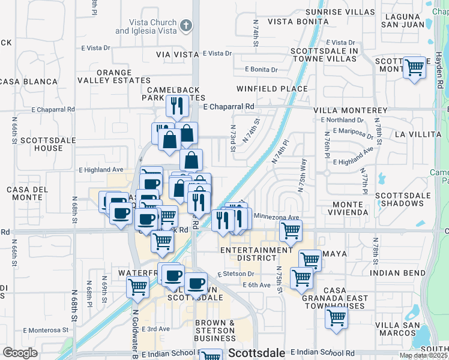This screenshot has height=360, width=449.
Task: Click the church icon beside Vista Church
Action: click(x=186, y=25)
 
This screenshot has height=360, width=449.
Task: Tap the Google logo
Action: click(x=20, y=353)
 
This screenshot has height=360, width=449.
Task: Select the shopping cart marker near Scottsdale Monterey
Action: click(x=414, y=68)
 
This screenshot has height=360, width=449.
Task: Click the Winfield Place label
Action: click(x=272, y=89)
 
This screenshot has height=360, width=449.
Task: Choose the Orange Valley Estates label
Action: click(x=123, y=76)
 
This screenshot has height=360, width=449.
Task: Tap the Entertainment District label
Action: click(x=256, y=254)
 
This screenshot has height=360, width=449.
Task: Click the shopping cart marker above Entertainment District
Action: click(x=291, y=230)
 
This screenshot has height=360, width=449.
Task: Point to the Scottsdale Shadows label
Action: click(x=403, y=200)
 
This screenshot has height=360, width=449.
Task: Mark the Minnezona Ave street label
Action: click(x=276, y=217)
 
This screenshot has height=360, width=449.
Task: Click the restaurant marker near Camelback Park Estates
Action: click(x=177, y=106)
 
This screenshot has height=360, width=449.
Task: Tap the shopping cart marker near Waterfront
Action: click(x=137, y=287)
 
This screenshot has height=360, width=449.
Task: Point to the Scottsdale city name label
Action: click(x=251, y=353)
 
